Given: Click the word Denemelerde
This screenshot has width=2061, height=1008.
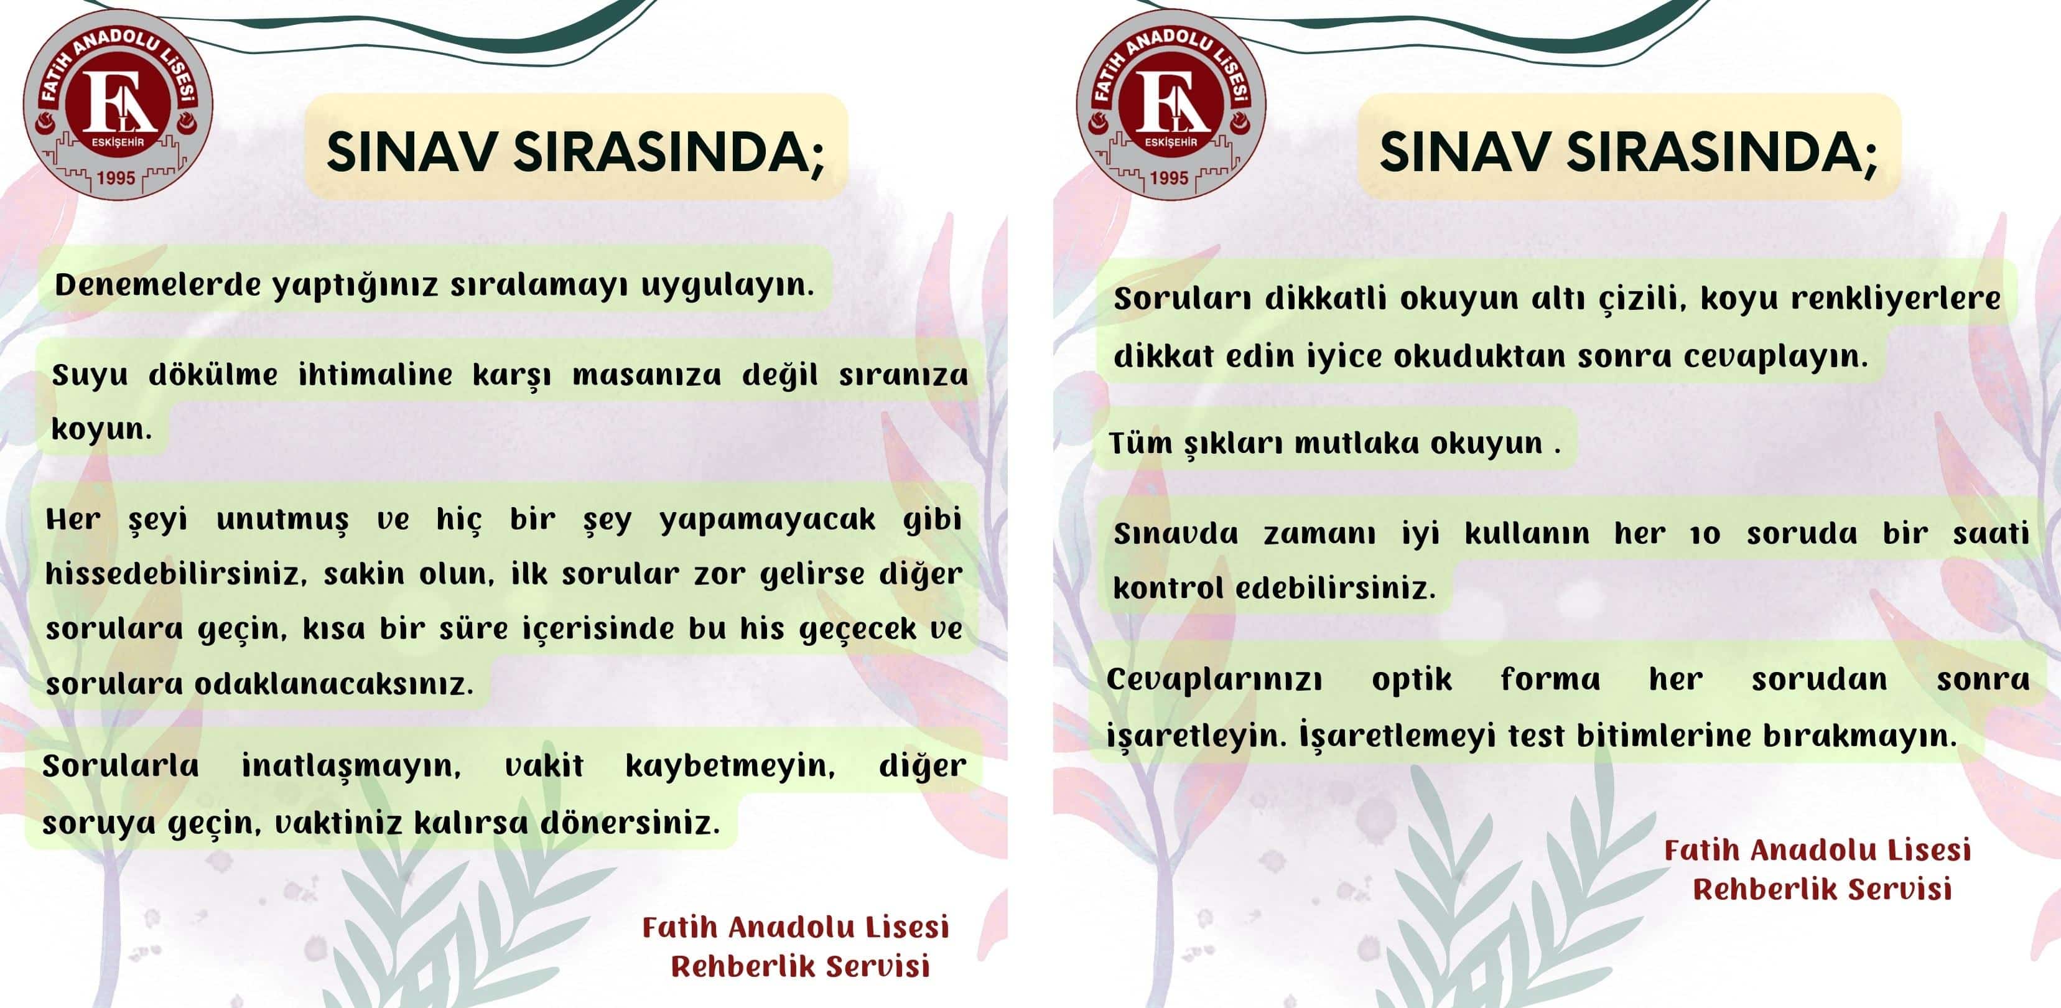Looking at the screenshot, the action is coord(157,285).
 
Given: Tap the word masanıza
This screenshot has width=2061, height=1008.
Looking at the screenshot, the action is coord(646,375).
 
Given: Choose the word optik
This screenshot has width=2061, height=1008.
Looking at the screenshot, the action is coord(1412,680).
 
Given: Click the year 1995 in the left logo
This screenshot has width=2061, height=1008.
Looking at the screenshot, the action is coord(116,177).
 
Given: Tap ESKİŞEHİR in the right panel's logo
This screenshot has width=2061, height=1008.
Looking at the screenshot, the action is coord(1171,142).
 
